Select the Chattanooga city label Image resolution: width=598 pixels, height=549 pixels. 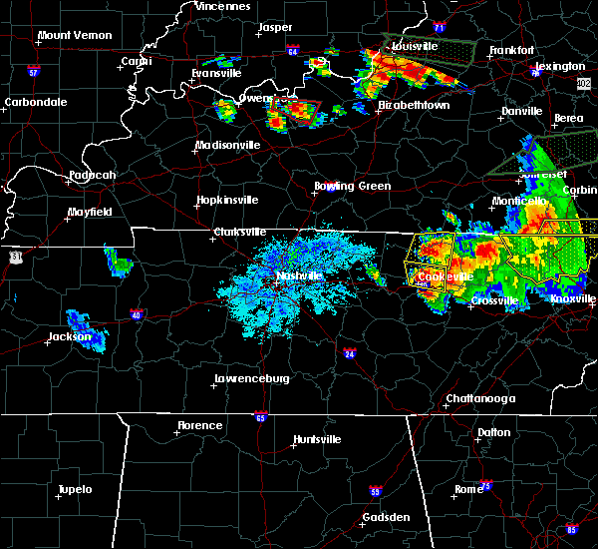[479, 398]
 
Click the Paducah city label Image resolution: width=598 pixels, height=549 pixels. [92, 176]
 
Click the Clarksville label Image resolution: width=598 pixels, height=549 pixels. [242, 234]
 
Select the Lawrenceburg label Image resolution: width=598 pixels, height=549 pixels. [251, 379]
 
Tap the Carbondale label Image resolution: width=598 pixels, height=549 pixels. [34, 102]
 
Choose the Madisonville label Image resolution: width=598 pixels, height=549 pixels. [227, 145]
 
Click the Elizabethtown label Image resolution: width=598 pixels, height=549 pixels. [414, 104]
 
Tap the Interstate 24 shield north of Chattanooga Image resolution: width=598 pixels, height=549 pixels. [350, 353]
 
